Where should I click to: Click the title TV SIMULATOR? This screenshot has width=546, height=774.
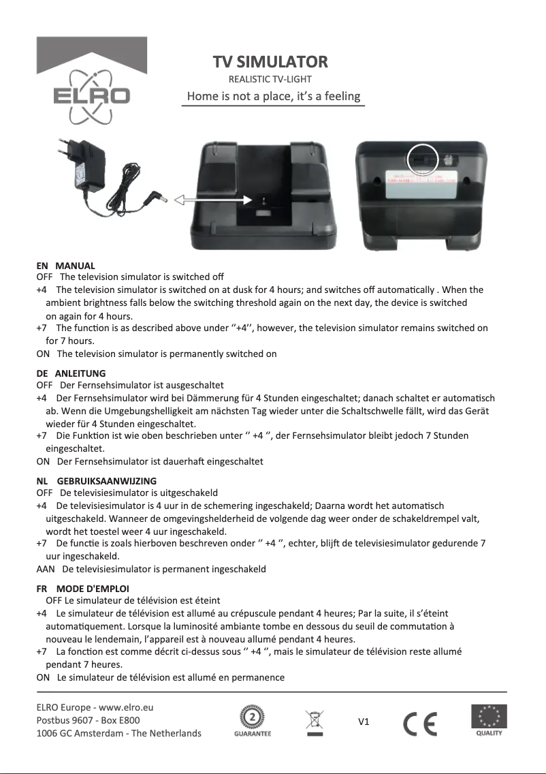[270, 63]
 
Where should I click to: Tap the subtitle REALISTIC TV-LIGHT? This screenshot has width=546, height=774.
[270, 80]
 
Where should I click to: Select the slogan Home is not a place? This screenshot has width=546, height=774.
[274, 96]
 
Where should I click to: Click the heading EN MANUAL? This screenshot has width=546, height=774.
[65, 266]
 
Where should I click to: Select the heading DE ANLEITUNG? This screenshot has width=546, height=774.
[71, 373]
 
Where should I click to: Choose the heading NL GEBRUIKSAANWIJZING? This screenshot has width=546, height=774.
[96, 481]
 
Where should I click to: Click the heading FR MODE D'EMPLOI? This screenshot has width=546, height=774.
[82, 588]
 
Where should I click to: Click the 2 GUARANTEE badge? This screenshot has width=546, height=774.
[253, 722]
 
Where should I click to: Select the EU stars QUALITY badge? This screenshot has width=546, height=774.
[489, 721]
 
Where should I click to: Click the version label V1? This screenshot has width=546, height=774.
[364, 722]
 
